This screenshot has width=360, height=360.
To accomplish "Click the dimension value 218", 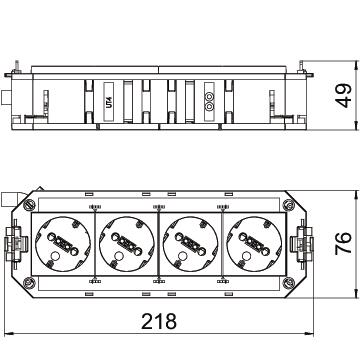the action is [x=159, y=321].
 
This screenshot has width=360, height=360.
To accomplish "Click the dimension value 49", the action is [x=343, y=96].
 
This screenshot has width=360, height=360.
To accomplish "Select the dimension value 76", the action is [x=343, y=244].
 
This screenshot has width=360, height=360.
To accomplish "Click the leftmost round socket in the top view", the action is [x=63, y=244].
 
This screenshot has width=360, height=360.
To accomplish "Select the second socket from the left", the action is [x=127, y=244].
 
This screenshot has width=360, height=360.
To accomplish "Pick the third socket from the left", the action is [x=191, y=244].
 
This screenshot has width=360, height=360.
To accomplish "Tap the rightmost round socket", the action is [x=254, y=244].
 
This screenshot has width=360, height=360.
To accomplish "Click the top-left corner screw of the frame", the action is [x=29, y=204].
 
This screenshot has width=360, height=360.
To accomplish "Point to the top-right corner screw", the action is [x=288, y=204].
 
